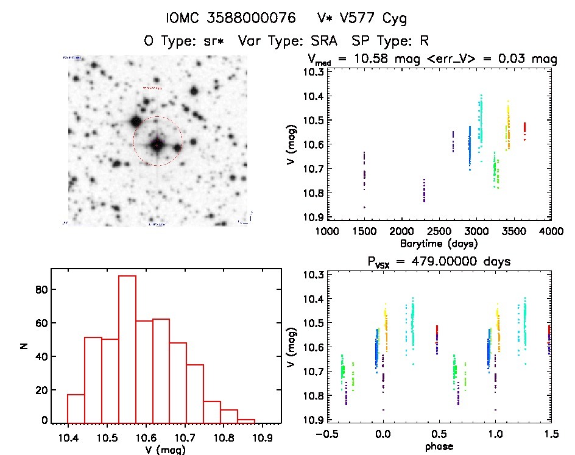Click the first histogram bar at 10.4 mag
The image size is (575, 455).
(76, 409)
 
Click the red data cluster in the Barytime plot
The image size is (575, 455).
(524, 130)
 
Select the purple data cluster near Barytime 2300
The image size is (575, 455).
(424, 191)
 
